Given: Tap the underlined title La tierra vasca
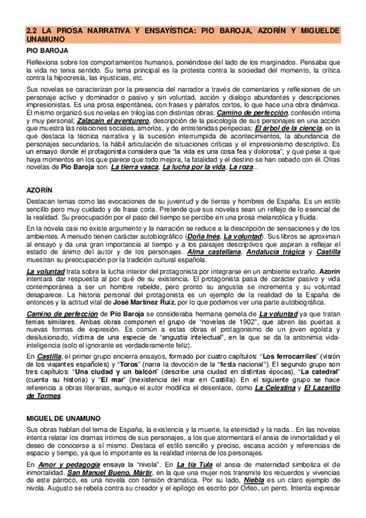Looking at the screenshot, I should (x=134, y=169).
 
